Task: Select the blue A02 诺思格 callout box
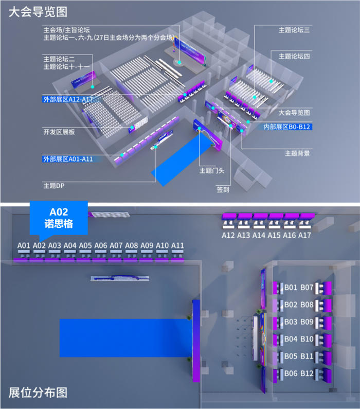pyautogui.click(x=59, y=218)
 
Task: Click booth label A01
pyautogui.click(x=24, y=245)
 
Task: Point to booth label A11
pyautogui.click(x=177, y=245)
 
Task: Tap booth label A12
pyautogui.click(x=228, y=235)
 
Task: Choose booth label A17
pyautogui.click(x=304, y=235)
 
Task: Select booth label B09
pyautogui.click(x=307, y=322)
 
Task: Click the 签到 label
pyautogui.click(x=223, y=189)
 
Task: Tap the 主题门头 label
pyautogui.click(x=209, y=170)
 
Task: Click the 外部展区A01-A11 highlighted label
pyautogui.click(x=67, y=159)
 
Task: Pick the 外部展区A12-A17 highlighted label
pyautogui.click(x=67, y=98)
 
